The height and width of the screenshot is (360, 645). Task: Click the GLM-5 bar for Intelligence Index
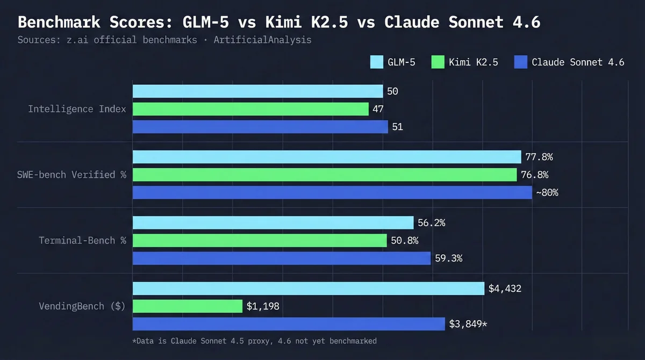tap(257, 91)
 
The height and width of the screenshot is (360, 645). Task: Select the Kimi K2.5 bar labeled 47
tap(250, 109)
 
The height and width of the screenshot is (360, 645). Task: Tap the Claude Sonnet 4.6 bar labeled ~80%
tap(332, 192)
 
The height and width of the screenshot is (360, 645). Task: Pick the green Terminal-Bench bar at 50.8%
tap(260, 240)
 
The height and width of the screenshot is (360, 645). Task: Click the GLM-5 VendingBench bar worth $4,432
tap(309, 289)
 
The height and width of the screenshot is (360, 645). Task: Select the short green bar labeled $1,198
tap(188, 306)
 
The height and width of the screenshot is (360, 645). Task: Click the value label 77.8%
tap(539, 157)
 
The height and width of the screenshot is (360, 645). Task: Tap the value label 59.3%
tap(449, 258)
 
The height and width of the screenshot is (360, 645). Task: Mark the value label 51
tap(398, 127)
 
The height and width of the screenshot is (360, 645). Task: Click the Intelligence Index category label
tap(77, 109)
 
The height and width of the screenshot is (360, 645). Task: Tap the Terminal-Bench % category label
tap(82, 240)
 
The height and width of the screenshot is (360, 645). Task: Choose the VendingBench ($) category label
tap(82, 306)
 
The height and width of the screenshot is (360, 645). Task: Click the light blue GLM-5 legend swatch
tap(376, 62)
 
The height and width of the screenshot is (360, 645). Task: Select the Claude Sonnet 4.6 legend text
tap(578, 62)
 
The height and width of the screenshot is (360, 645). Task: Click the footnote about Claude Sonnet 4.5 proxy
tap(254, 341)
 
